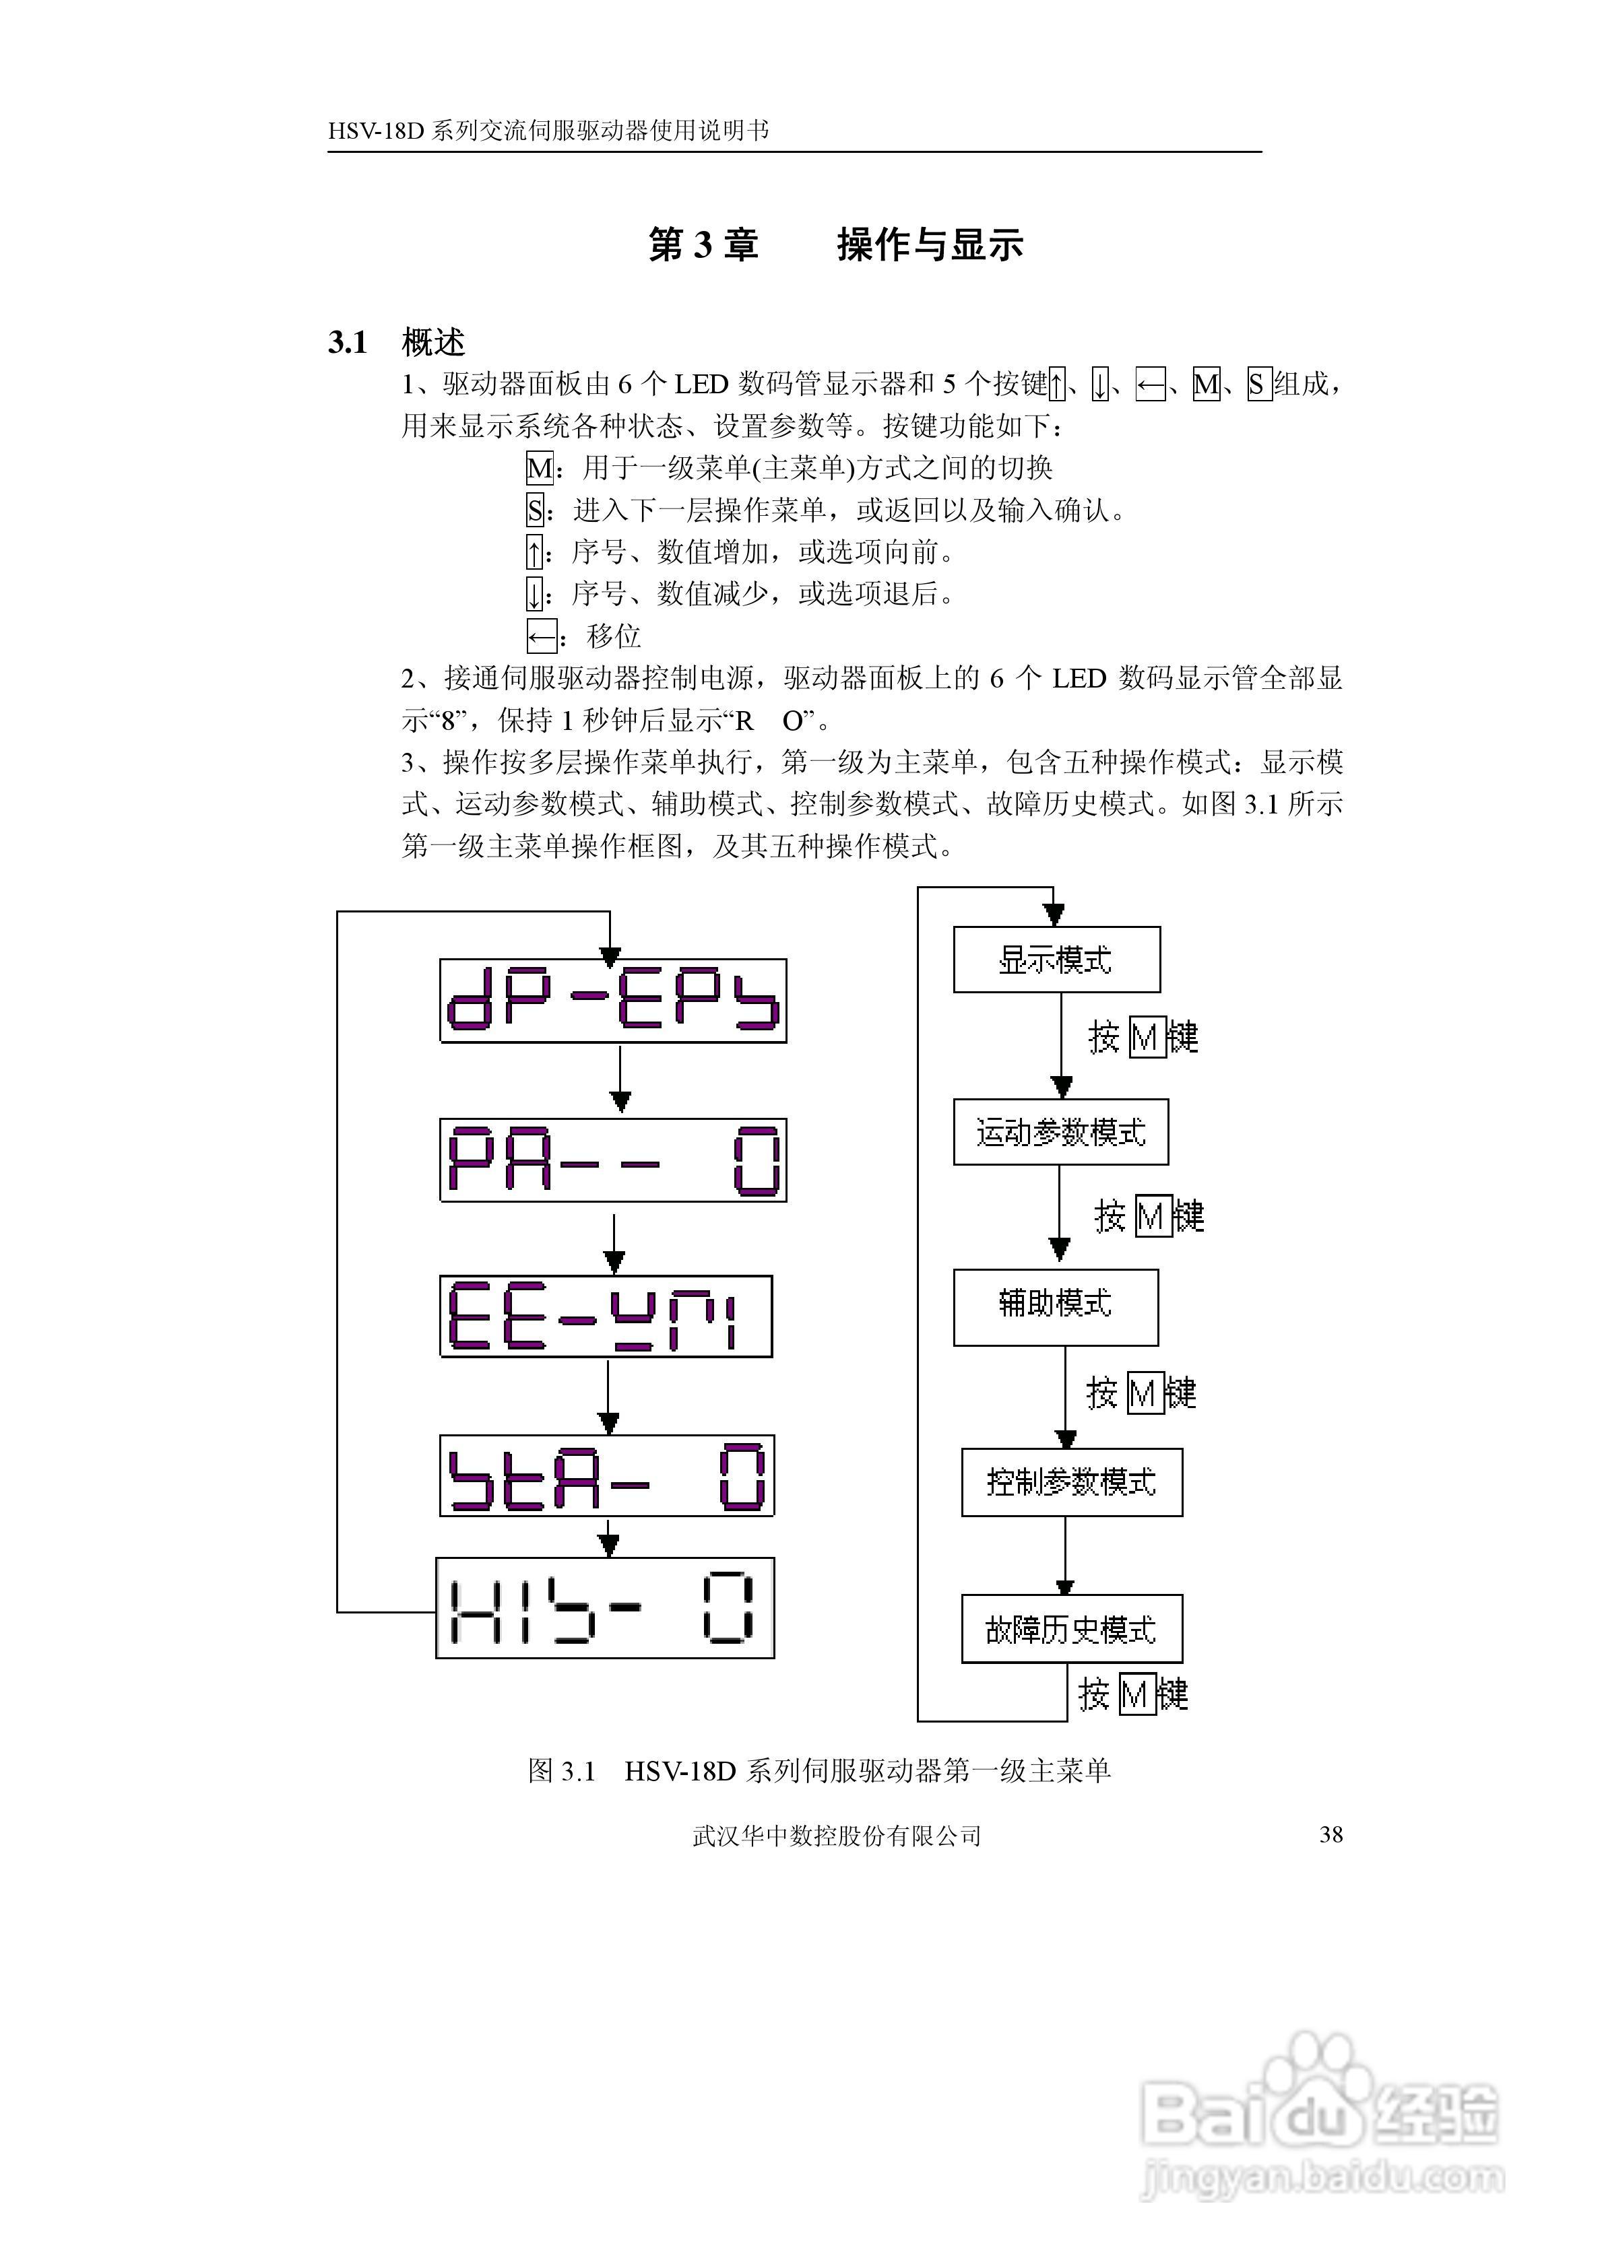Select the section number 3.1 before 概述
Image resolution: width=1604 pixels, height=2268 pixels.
pyautogui.click(x=348, y=343)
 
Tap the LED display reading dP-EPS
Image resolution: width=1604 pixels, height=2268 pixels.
pyautogui.click(x=613, y=1000)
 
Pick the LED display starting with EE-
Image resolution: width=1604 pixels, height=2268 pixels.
pyautogui.click(x=606, y=1316)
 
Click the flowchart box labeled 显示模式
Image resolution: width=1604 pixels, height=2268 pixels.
pyautogui.click(x=1056, y=959)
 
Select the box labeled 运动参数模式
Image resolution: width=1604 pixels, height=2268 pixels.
pyautogui.click(x=1060, y=1132)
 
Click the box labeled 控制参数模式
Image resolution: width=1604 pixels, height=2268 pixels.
pyautogui.click(x=1071, y=1481)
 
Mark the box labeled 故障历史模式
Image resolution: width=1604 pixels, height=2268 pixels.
pyautogui.click(x=1071, y=1629)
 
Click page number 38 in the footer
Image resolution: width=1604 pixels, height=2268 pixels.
pyautogui.click(x=1330, y=1834)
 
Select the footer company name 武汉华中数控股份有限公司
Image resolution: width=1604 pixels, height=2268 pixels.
pyautogui.click(x=836, y=1835)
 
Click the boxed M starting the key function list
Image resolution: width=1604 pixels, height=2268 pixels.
pyautogui.click(x=539, y=467)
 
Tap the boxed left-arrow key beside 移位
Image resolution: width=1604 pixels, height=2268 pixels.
pyautogui.click(x=540, y=636)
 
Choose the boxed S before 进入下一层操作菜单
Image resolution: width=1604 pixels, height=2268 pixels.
pyautogui.click(x=535, y=510)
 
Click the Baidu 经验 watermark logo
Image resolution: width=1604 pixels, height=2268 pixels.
pyautogui.click(x=1319, y=2114)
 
